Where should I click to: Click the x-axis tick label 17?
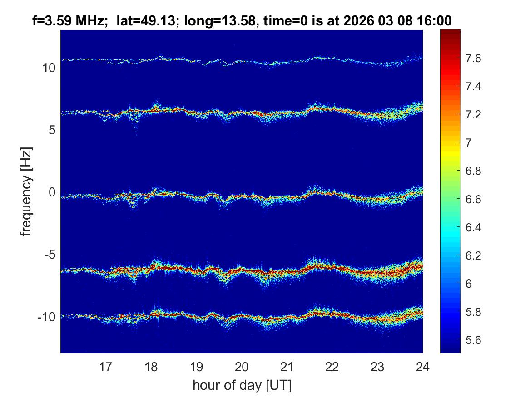tap(106, 366)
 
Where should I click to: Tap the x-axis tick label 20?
tap(242, 366)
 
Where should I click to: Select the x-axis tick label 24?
tap(422, 366)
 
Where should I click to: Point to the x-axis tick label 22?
tap(332, 366)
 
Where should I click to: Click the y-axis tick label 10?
tap(49, 69)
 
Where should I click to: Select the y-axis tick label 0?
tap(52, 193)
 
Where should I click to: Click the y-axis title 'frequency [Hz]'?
tap(27, 191)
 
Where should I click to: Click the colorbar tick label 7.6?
tap(475, 59)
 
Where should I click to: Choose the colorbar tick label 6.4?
tap(475, 228)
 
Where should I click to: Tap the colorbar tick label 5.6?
tap(475, 340)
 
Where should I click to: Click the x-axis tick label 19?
tap(196, 366)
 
